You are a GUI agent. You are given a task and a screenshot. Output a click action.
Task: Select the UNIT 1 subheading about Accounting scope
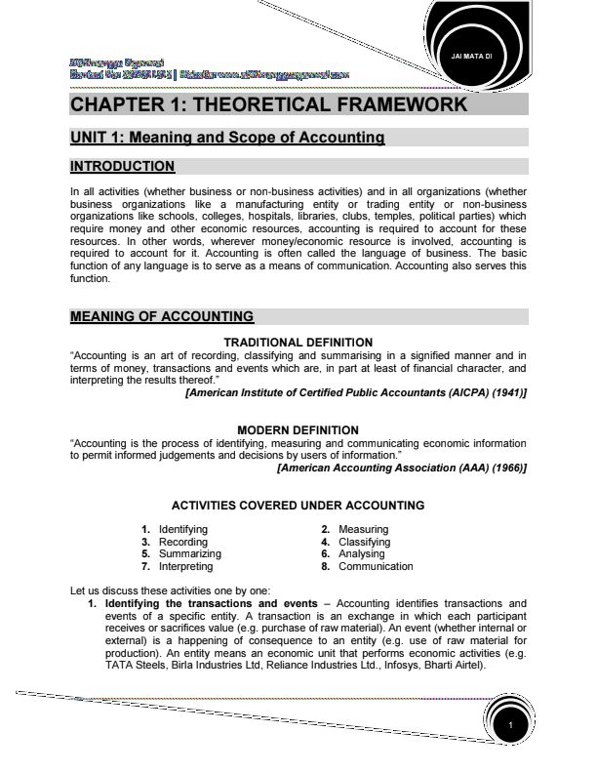227,139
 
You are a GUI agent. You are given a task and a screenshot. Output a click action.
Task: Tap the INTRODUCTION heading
123,167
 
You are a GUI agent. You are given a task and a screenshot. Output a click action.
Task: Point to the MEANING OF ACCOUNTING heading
162,316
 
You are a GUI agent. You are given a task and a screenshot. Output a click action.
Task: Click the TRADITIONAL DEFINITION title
298,342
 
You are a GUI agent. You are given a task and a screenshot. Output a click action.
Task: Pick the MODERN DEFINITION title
298,429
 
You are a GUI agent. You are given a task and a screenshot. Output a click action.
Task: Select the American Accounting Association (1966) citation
401,468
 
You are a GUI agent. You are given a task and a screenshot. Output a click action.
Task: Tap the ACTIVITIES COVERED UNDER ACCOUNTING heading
298,506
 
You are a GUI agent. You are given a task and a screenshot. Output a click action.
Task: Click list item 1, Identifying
182,530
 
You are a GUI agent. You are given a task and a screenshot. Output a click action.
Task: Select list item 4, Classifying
364,542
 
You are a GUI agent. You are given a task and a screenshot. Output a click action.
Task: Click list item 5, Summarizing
190,553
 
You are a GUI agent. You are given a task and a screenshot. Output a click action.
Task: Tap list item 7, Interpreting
185,566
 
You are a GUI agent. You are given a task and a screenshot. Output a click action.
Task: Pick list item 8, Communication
375,566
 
